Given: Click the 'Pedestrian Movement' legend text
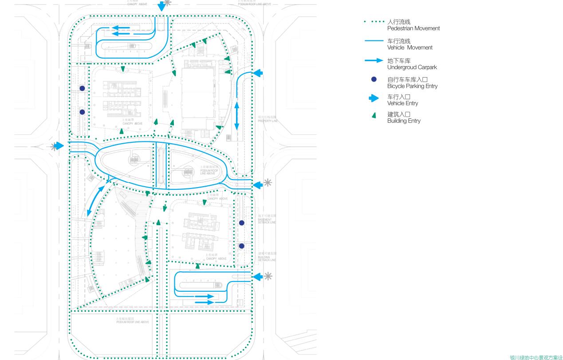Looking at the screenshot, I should (x=413, y=28).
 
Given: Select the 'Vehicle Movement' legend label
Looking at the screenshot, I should (x=409, y=47).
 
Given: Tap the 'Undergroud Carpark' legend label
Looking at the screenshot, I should (x=412, y=67).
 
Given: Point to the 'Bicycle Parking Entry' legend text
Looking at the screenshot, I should (x=412, y=86).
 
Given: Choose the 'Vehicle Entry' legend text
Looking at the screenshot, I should (x=402, y=103).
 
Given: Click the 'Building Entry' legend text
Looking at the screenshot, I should (x=404, y=121).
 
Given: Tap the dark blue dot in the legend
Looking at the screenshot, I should (x=374, y=79).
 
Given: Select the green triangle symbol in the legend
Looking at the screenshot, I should (x=374, y=115).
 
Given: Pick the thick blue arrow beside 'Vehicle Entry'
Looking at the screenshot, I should (x=374, y=98).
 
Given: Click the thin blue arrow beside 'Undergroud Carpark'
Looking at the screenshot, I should (x=374, y=60).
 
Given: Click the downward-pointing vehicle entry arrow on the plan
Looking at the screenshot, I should (x=162, y=6).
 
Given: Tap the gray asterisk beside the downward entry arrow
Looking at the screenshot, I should (x=167, y=3).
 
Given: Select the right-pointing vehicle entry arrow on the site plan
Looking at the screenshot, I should (x=59, y=146).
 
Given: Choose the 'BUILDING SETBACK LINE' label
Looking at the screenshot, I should (x=267, y=257).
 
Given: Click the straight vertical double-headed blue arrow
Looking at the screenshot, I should (x=236, y=116).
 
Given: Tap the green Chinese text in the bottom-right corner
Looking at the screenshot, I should (x=536, y=357).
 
